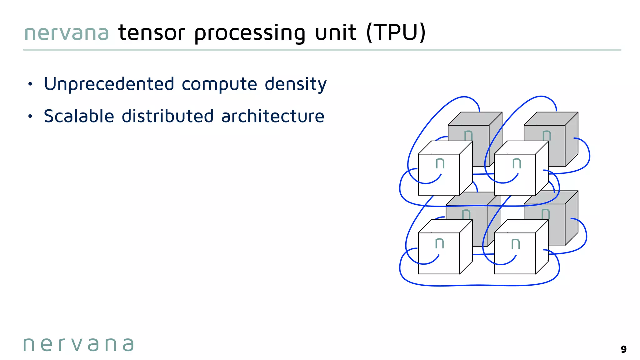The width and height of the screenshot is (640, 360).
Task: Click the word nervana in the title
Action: (x=66, y=33)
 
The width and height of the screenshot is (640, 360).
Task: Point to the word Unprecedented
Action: (x=109, y=84)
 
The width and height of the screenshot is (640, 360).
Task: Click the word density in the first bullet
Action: (x=295, y=84)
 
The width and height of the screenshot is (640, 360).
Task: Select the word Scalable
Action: (x=79, y=116)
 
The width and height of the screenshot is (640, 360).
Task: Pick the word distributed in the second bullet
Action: (x=167, y=116)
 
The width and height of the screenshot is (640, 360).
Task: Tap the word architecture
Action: (x=273, y=116)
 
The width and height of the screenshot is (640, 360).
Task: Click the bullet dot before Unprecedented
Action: (x=30, y=84)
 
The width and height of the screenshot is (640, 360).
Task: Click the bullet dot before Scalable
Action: (x=30, y=117)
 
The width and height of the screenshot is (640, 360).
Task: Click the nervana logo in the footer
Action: (x=78, y=345)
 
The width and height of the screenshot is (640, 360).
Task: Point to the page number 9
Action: (x=623, y=349)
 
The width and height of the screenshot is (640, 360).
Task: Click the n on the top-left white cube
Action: (x=440, y=163)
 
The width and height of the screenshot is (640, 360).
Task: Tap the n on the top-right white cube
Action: (x=517, y=163)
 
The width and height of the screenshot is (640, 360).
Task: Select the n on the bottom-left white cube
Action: (x=440, y=243)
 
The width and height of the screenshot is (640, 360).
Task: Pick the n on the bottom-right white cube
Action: (x=516, y=244)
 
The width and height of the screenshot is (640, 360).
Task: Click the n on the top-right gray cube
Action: (x=547, y=135)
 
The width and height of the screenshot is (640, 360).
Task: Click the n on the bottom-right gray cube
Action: (x=546, y=214)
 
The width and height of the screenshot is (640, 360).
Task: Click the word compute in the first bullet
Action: (x=219, y=84)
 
